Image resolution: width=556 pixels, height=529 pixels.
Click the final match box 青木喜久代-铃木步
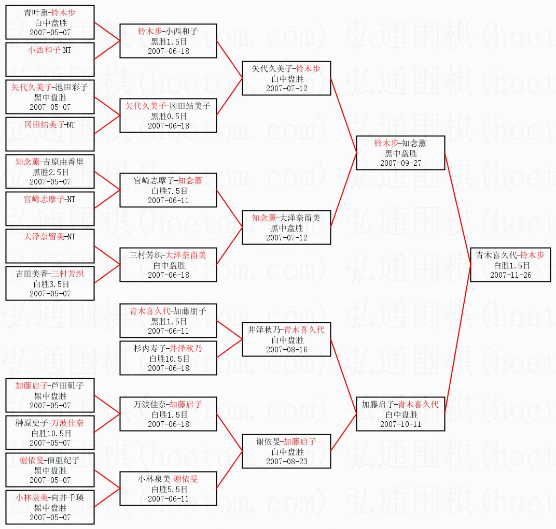tap(510, 265)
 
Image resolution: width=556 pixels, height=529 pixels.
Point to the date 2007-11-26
tap(510, 275)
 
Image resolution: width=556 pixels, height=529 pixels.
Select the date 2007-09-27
tap(400, 163)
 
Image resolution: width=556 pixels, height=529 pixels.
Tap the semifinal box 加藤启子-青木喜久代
tap(400, 414)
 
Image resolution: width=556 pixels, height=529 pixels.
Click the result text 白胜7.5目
tap(168, 191)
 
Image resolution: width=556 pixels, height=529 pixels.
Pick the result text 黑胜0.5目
tap(168, 116)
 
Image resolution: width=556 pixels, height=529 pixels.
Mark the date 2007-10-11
tap(400, 424)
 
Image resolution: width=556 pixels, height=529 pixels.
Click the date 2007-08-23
tap(286, 462)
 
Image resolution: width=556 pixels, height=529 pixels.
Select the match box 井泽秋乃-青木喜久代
tap(286, 339)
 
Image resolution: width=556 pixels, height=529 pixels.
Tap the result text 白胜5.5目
tap(168, 489)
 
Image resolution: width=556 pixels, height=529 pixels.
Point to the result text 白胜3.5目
tap(50, 284)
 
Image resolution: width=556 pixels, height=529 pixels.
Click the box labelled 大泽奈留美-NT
tap(50, 246)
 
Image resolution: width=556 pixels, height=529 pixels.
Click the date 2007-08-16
tap(286, 350)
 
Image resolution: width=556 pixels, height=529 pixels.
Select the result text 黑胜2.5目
tap(50, 172)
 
